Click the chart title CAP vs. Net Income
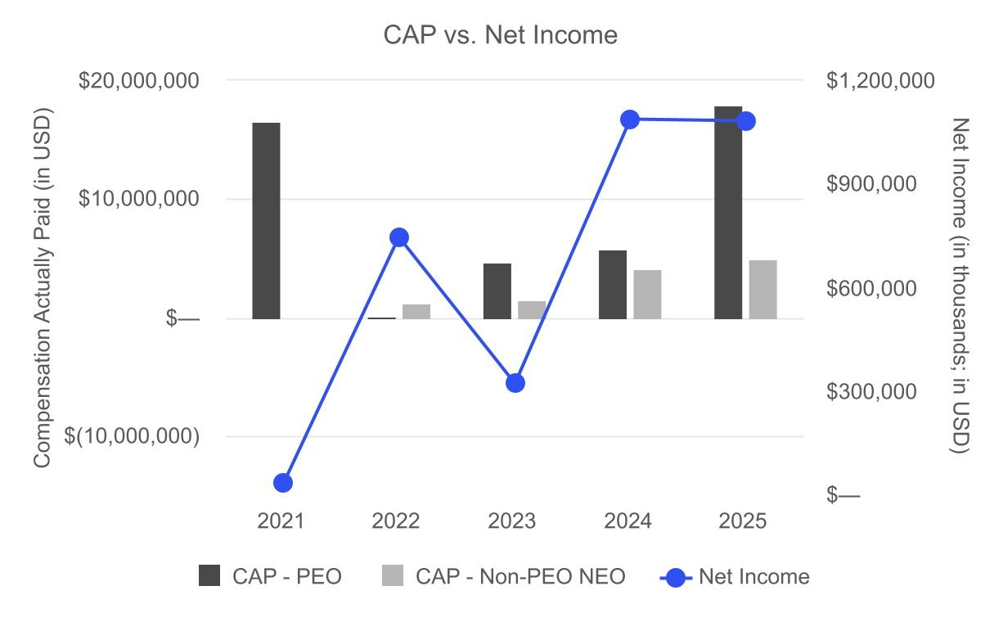501,35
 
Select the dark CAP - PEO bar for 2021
266,220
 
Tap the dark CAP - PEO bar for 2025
728,213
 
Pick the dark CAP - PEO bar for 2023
497,291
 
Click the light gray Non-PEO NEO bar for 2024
647,294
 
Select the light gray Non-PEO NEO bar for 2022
416,311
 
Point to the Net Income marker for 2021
283,483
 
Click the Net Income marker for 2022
399,237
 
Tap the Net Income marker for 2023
515,383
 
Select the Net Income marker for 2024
630,119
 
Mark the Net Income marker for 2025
745,121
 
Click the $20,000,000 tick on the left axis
138,80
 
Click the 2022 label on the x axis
396,521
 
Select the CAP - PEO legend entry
270,576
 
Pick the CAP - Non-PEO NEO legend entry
503,576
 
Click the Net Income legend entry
735,576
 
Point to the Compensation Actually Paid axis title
43,287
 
